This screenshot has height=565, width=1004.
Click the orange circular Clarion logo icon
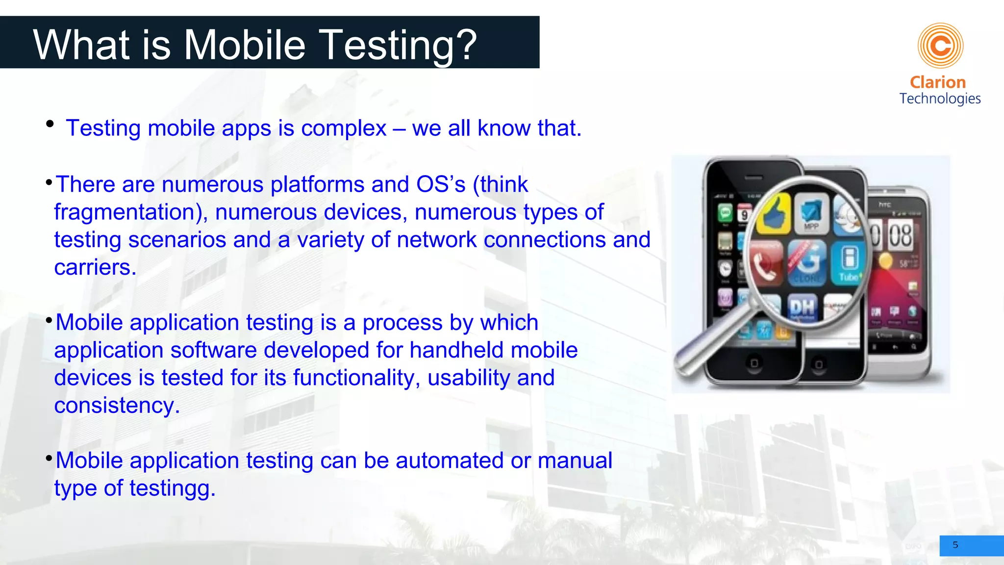(940, 46)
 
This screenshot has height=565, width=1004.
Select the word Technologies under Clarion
(940, 99)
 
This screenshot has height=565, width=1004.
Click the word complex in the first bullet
(344, 128)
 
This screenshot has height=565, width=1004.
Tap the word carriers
(95, 268)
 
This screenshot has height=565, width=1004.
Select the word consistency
(117, 406)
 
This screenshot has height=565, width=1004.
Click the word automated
(450, 461)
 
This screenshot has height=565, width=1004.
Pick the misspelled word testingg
(172, 488)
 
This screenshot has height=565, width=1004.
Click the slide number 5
(955, 545)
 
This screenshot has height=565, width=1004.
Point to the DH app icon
(802, 308)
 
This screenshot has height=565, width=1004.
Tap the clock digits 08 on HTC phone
(900, 235)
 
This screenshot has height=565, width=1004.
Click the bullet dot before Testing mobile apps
(50, 124)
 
